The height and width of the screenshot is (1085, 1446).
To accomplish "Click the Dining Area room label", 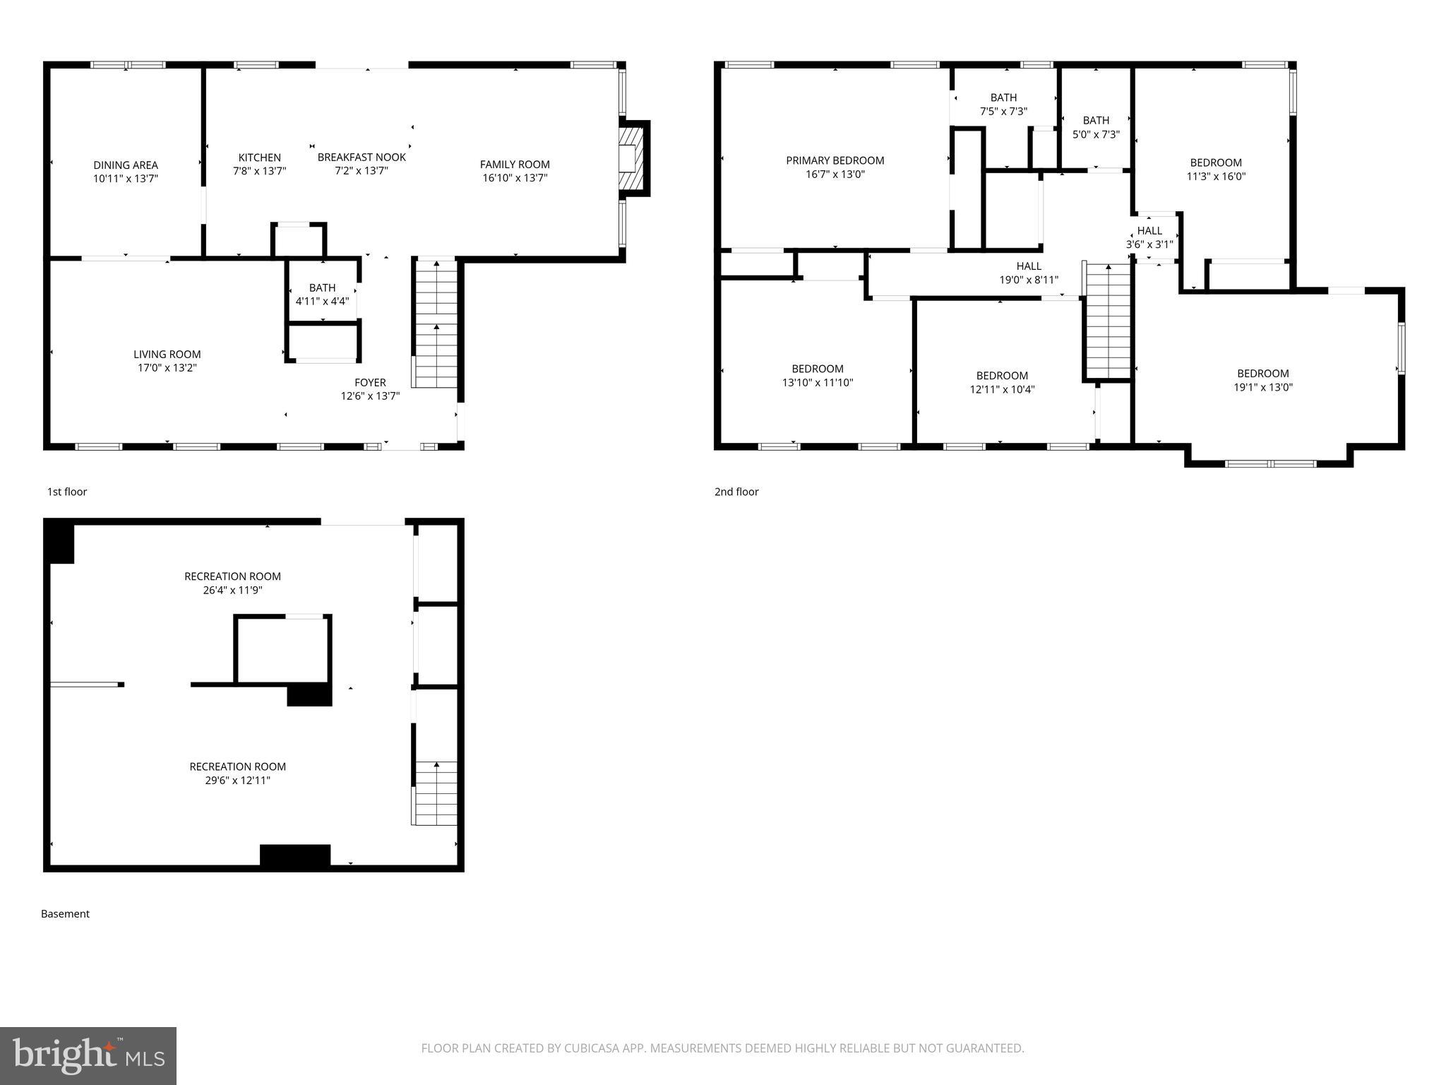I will pyautogui.click(x=126, y=165).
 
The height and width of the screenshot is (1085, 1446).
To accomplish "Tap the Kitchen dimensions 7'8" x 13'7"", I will pyautogui.click(x=259, y=171).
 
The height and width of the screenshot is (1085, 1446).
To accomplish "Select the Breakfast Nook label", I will pyautogui.click(x=361, y=157).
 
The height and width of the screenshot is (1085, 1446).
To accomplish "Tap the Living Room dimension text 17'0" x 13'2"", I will pyautogui.click(x=167, y=368).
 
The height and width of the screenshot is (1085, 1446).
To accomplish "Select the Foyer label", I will pyautogui.click(x=370, y=382).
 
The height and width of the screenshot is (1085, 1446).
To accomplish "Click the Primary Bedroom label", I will pyautogui.click(x=835, y=160).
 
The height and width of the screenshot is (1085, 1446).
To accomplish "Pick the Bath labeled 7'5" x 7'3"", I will pyautogui.click(x=1003, y=104).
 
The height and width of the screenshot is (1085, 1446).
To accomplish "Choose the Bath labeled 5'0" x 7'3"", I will pyautogui.click(x=1096, y=127).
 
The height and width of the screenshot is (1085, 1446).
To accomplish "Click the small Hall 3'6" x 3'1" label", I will pyautogui.click(x=1149, y=237).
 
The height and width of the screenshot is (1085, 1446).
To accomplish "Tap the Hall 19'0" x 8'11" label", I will pyautogui.click(x=1029, y=273).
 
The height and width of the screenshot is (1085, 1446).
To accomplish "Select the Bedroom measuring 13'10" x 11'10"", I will pyautogui.click(x=817, y=376).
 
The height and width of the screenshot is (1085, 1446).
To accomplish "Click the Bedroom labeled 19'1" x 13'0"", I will pyautogui.click(x=1262, y=380).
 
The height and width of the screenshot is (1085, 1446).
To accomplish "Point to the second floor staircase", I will pyautogui.click(x=1108, y=323).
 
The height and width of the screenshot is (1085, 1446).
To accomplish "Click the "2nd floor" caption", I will pyautogui.click(x=736, y=492).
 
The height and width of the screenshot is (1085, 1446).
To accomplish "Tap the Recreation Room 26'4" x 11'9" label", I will pyautogui.click(x=232, y=583).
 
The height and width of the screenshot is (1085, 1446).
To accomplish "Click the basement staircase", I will pyautogui.click(x=435, y=793).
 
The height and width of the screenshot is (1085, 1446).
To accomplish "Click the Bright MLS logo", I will pyautogui.click(x=88, y=1055).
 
